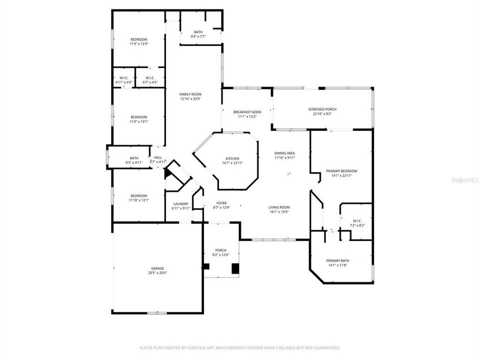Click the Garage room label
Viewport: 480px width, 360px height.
[157, 268]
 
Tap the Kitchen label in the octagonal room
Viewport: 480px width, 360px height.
[232, 158]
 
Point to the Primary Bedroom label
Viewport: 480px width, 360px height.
[341, 171]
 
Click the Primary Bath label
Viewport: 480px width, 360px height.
[338, 260]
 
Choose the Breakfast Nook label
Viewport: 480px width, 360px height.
[247, 112]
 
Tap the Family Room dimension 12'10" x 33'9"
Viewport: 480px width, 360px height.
[190, 99]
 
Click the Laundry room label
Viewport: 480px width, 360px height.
[180, 203]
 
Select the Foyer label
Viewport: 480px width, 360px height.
[221, 203]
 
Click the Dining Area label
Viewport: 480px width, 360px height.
[284, 153]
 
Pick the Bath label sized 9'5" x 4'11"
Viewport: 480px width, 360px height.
[134, 158]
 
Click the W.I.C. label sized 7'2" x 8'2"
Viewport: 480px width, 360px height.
[357, 220]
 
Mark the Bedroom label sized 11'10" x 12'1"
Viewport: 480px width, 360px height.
[139, 195]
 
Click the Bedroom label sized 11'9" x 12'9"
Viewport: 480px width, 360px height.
[139, 39]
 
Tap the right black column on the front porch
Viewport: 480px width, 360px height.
[235, 268]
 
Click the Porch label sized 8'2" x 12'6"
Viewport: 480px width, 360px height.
[221, 250]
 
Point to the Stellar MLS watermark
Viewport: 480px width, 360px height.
[464, 179]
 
